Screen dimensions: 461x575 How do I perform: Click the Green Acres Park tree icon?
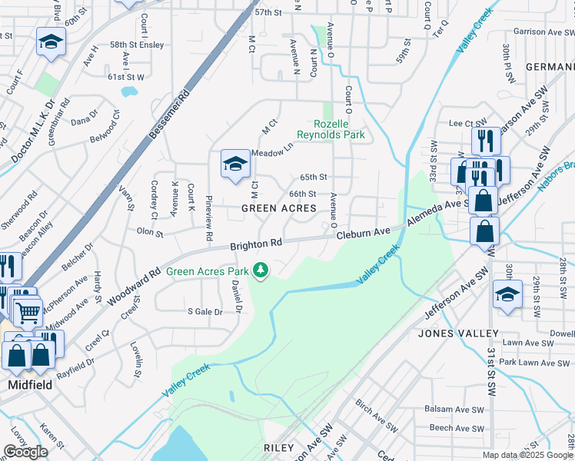tap(261, 270)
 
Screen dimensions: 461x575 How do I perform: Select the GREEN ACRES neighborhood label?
tap(279, 208)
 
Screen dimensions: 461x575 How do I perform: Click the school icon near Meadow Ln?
tap(235, 163)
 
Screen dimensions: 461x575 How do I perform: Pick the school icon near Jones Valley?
tap(507, 294)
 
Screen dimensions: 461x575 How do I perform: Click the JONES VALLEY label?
tap(458, 333)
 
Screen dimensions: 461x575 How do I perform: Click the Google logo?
tap(26, 452)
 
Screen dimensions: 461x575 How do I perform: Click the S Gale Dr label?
tap(205, 311)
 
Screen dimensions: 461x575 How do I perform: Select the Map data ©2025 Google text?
tap(527, 455)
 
